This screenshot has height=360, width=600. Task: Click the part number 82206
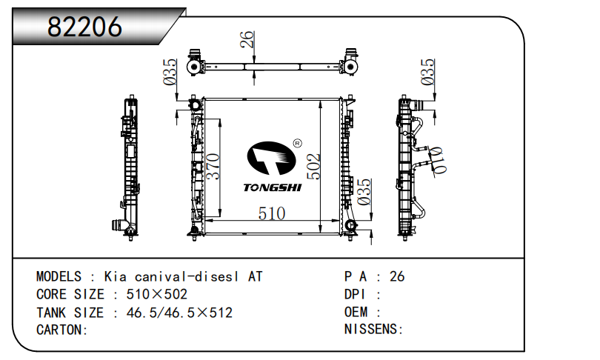pyautogui.click(x=84, y=27)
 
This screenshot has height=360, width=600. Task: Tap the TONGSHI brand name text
pyautogui.click(x=273, y=187)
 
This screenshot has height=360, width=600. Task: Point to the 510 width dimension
pyautogui.click(x=271, y=213)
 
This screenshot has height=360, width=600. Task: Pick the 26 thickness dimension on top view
pyautogui.click(x=247, y=39)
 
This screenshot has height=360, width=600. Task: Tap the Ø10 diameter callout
pyautogui.click(x=438, y=158)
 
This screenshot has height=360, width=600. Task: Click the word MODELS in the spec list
pyautogui.click(x=59, y=277)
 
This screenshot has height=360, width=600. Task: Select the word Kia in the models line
pyautogui.click(x=115, y=277)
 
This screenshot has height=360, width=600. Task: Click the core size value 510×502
pyautogui.click(x=156, y=295)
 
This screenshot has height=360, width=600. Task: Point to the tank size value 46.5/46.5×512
pyautogui.click(x=179, y=313)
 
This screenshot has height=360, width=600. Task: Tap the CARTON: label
pyautogui.click(x=62, y=330)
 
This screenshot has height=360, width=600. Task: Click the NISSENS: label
pyautogui.click(x=373, y=330)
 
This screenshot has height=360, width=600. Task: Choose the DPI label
pyautogui.click(x=357, y=295)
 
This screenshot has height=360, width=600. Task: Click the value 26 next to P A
pyautogui.click(x=397, y=277)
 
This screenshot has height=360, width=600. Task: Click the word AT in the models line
pyautogui.click(x=254, y=277)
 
